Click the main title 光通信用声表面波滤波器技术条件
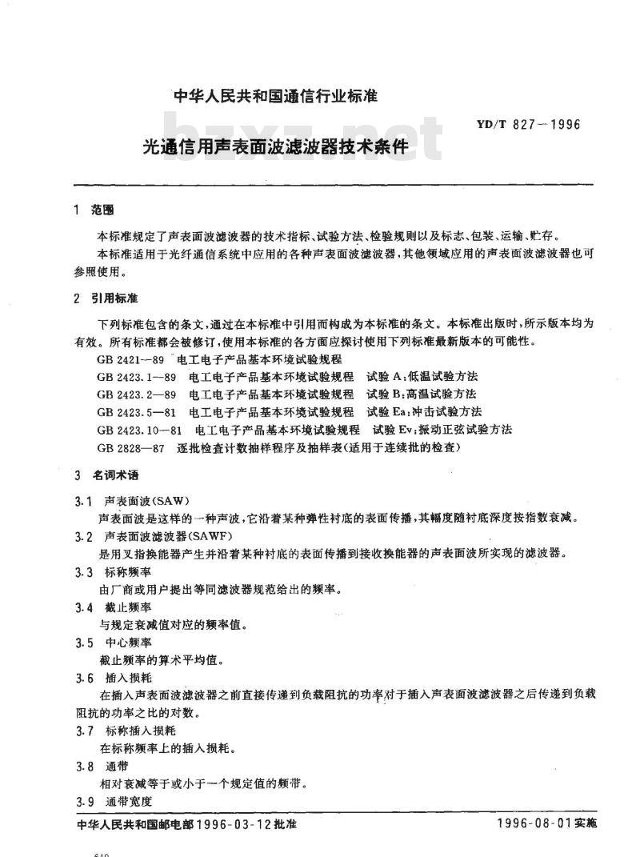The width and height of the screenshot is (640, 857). (275, 147)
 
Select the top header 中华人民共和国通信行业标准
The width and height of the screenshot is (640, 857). (274, 97)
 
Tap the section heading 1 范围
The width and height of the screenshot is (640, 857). (94, 210)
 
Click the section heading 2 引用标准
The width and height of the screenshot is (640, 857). (105, 298)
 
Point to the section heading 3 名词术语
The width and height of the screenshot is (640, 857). (105, 475)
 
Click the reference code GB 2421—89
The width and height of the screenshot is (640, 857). (128, 359)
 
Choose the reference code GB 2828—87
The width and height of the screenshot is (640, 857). (128, 447)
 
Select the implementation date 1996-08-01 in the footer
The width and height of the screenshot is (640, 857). (536, 825)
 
